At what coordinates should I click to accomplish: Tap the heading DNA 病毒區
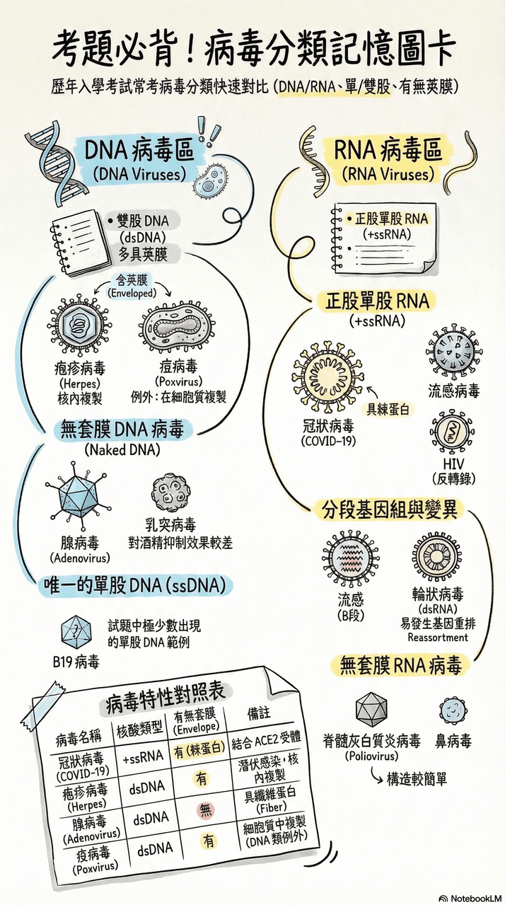(x=139, y=150)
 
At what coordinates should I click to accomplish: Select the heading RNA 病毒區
(x=388, y=150)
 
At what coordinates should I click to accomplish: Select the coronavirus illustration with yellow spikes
(x=328, y=378)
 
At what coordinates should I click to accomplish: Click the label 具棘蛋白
(x=388, y=409)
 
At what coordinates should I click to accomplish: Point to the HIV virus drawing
(x=453, y=434)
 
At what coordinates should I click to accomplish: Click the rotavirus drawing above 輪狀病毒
(x=436, y=558)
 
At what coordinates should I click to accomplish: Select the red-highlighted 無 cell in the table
(x=206, y=810)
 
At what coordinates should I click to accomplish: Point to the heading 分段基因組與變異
(x=390, y=510)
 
